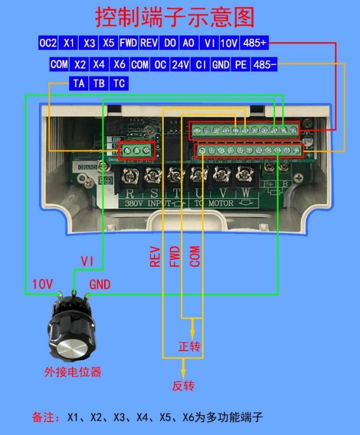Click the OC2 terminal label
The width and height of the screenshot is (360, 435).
(48, 43)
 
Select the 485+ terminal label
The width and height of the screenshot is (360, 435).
(255, 43)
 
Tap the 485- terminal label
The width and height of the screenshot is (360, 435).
(265, 65)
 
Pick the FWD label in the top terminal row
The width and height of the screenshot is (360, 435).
(128, 43)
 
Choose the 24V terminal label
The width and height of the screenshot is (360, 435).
(180, 65)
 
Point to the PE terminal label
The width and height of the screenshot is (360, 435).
(241, 65)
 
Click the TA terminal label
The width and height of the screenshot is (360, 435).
(79, 83)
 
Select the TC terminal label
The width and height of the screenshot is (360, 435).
(119, 83)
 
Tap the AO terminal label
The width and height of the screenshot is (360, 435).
(189, 43)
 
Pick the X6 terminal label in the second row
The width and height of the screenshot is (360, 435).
(119, 65)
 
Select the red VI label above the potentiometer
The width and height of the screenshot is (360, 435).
(87, 261)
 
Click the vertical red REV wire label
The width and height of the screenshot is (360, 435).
(155, 256)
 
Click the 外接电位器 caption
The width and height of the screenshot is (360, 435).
(73, 371)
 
